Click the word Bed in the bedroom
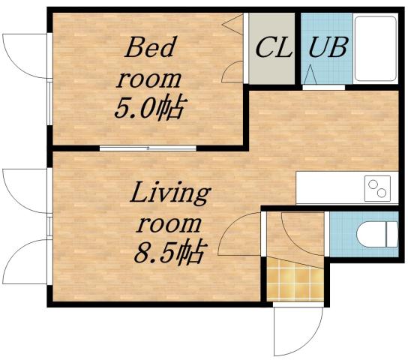click(149, 49)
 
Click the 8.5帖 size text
click(169, 255)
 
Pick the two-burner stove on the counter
click(378, 187)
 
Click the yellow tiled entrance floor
click(295, 280)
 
